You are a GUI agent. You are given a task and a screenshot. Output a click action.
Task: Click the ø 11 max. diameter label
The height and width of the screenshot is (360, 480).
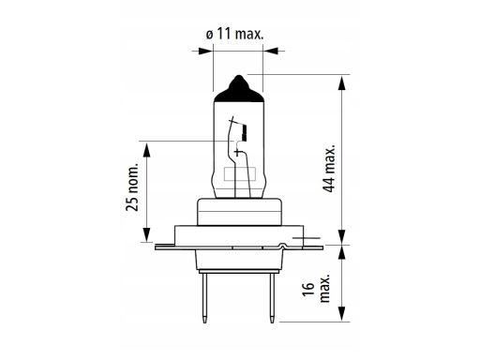234,34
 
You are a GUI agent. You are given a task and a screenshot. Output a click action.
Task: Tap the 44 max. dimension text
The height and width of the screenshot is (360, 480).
330,169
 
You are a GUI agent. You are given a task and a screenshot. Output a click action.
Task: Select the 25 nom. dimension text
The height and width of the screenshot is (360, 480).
132,187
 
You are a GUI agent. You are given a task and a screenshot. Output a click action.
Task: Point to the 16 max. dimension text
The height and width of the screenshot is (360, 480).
317,289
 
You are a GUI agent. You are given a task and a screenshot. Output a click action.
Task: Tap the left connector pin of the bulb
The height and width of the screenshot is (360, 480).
204,298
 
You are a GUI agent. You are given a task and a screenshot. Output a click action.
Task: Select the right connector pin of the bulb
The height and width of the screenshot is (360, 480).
273,298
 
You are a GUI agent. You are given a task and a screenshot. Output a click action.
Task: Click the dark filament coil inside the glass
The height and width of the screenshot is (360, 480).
245,132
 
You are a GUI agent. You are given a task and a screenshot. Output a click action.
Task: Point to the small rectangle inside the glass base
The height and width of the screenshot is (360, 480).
240,174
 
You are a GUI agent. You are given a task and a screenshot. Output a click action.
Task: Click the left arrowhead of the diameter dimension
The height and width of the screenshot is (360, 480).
205,51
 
